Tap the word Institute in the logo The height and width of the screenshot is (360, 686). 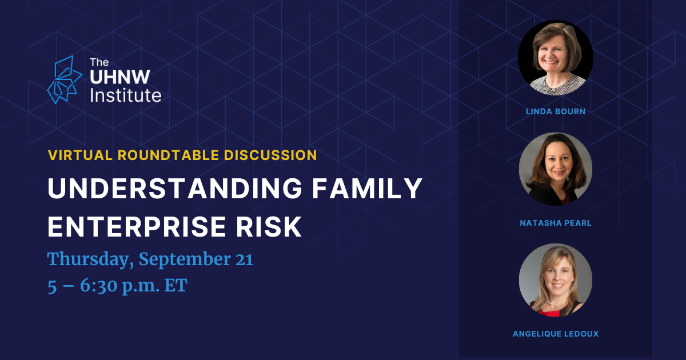tap(126, 95)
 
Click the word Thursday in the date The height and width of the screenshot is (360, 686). tap(90, 259)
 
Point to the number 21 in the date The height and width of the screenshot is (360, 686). tap(244, 259)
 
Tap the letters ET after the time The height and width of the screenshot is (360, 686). tap(176, 285)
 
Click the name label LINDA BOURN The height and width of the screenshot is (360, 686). tap(556, 111)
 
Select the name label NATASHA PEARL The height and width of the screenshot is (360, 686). tap(556, 223)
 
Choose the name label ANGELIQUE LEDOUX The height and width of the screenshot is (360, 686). tap(556, 334)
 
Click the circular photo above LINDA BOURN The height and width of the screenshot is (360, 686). tap(556, 58)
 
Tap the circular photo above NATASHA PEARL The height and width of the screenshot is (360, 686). tap(556, 169)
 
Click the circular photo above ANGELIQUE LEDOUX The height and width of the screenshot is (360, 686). tap(556, 280)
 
